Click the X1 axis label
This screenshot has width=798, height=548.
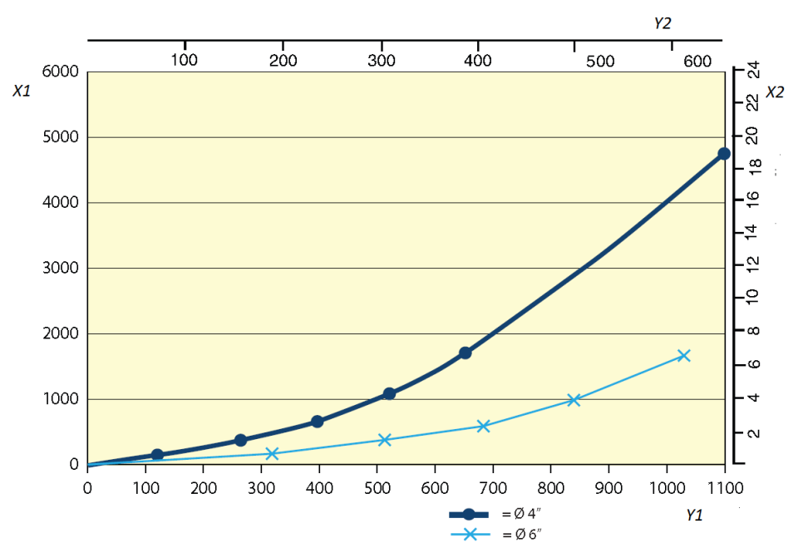tap(22, 91)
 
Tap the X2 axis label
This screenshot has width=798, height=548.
tap(775, 91)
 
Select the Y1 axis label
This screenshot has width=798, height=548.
tap(695, 516)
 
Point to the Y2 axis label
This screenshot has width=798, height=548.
tap(662, 23)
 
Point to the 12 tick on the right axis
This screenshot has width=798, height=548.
tap(752, 264)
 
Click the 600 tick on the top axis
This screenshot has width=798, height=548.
tap(697, 61)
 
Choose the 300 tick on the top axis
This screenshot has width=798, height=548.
tap(381, 60)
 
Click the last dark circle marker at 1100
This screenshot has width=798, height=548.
tap(724, 154)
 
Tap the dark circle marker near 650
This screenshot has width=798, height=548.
tap(465, 353)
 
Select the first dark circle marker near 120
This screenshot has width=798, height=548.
tap(157, 455)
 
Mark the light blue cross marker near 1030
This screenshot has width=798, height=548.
tap(684, 355)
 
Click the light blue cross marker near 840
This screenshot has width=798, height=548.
tap(574, 400)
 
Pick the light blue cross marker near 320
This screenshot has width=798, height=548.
tap(272, 453)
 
